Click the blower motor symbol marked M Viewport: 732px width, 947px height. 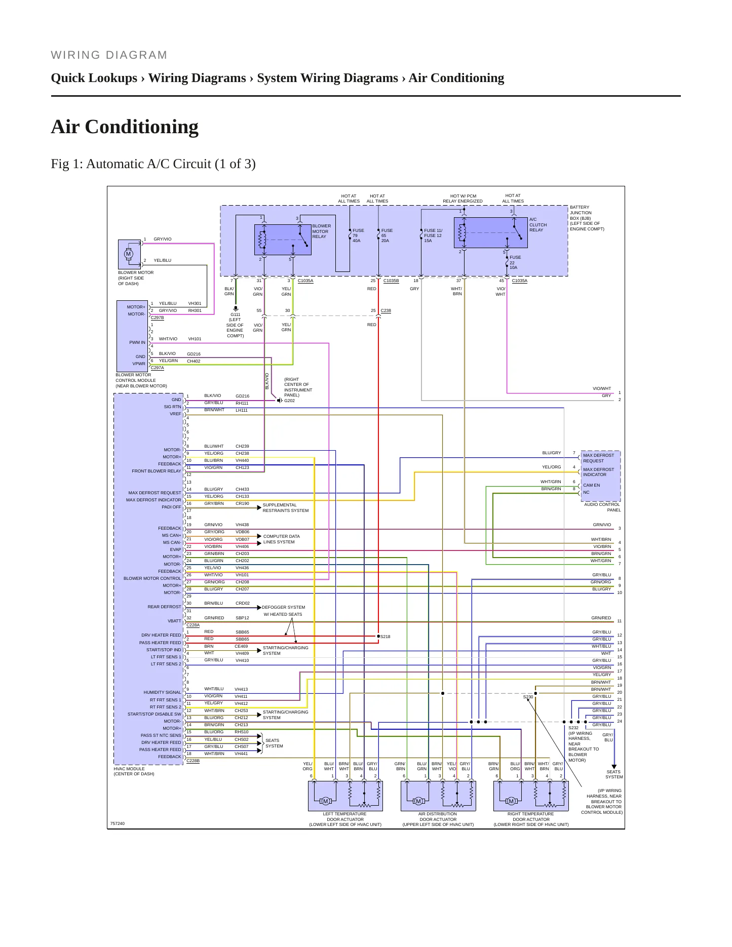(x=128, y=254)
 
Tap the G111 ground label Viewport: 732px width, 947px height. (x=236, y=314)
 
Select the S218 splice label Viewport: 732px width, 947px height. (x=386, y=637)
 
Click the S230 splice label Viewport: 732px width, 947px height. (x=528, y=697)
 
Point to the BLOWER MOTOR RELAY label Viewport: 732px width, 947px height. (x=322, y=231)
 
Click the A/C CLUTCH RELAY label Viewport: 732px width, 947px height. (x=538, y=225)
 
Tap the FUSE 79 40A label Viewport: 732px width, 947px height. (x=358, y=235)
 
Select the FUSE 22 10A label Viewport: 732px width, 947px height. (x=515, y=262)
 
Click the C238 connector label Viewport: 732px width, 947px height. (x=386, y=310)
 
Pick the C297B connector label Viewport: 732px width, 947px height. (x=157, y=318)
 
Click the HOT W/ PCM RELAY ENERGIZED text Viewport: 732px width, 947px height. (x=463, y=199)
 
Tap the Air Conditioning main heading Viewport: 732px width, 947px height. (x=125, y=127)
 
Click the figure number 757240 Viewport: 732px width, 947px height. (x=118, y=823)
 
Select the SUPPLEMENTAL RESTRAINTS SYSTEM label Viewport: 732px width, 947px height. (x=286, y=507)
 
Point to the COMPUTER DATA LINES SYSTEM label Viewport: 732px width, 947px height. (x=282, y=539)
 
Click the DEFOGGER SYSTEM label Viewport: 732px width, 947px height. (x=284, y=607)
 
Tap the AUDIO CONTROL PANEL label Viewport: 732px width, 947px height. (x=602, y=507)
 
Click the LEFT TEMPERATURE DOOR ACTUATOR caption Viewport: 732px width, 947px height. (x=345, y=819)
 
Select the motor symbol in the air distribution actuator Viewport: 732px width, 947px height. (x=418, y=801)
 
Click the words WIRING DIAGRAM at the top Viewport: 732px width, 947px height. (x=109, y=55)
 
